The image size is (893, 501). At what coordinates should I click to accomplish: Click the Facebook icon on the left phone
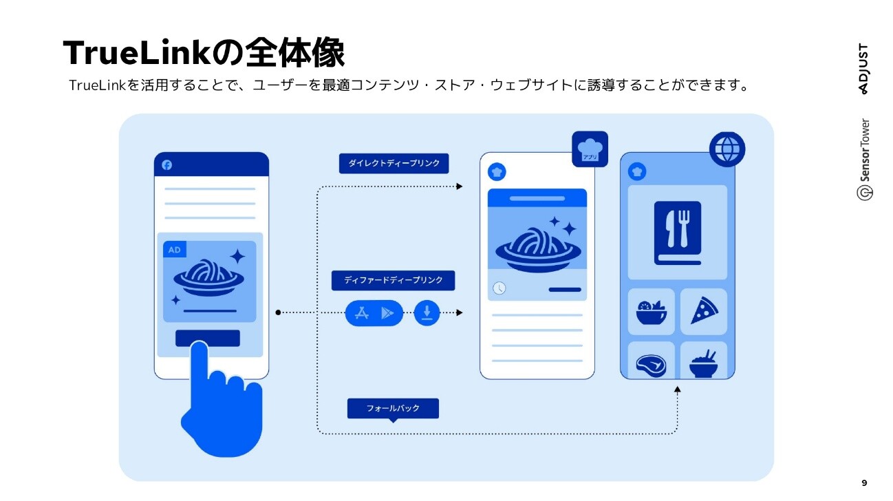tap(166, 165)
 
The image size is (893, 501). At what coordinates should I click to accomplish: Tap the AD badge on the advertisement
tap(175, 250)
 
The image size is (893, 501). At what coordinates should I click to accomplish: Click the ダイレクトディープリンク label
tap(394, 164)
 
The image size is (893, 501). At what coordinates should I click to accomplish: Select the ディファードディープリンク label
tap(393, 281)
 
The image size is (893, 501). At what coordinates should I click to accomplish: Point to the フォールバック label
tap(393, 408)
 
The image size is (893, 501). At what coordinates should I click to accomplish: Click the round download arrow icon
tap(427, 313)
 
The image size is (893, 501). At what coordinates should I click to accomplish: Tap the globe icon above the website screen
tap(727, 149)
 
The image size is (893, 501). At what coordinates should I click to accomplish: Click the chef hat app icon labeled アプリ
tap(590, 149)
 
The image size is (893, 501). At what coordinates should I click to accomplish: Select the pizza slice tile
tap(703, 312)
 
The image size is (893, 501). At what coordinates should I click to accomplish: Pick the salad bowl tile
tap(651, 312)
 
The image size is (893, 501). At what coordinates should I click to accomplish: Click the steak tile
tap(651, 362)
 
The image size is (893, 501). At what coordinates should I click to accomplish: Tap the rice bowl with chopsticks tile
tap(703, 362)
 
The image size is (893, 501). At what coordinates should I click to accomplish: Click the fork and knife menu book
tap(678, 233)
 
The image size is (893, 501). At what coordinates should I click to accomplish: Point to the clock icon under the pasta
tap(499, 288)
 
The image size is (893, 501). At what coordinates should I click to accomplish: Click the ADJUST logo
tap(863, 69)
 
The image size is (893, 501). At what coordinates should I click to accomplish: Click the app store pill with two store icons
tap(374, 313)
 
